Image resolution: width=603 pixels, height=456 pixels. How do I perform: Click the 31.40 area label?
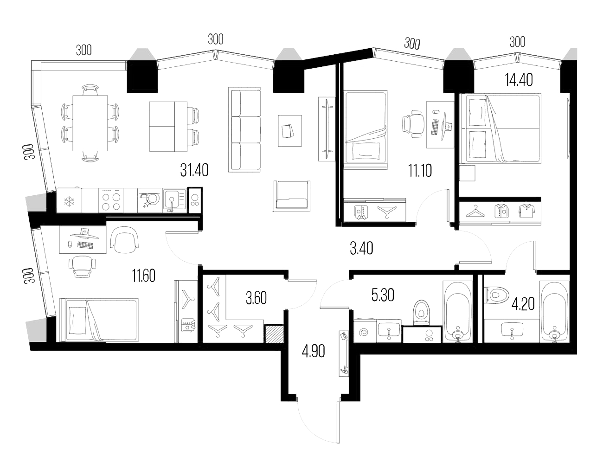(194, 170)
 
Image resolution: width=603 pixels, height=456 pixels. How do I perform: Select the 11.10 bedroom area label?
(420, 171)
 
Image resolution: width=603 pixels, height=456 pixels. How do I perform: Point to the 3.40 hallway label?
(361, 249)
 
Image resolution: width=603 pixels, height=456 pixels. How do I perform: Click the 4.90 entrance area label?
(313, 351)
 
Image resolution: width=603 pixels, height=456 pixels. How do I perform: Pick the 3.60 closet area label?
(256, 297)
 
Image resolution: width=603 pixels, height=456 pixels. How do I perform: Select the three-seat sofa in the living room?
(245, 130)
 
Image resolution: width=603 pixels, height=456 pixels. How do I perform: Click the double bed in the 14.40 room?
(501, 128)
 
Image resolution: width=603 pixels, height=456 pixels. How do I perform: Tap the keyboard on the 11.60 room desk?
(85, 244)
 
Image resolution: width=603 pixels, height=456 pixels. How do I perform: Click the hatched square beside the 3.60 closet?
(273, 334)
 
